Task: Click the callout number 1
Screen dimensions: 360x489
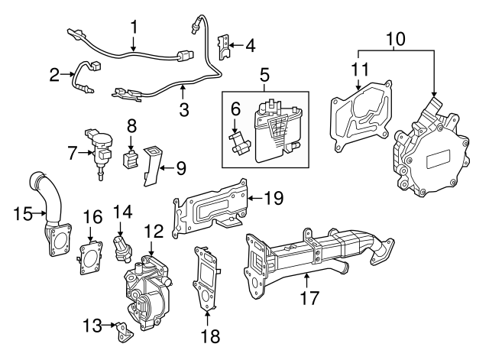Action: point(134,26)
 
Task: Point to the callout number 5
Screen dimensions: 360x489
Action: point(264,75)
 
